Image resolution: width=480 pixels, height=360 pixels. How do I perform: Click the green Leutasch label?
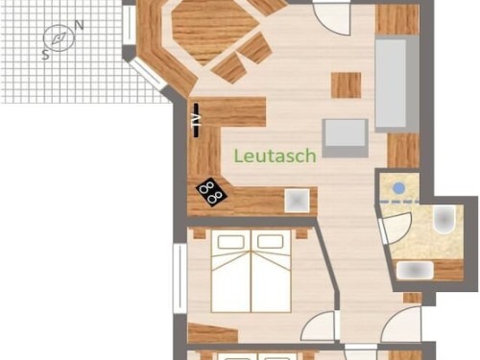pyautogui.click(x=276, y=156)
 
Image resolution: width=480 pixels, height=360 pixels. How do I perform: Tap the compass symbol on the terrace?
pyautogui.click(x=59, y=38)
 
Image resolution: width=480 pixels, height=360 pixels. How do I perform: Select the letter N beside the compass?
pyautogui.click(x=79, y=25)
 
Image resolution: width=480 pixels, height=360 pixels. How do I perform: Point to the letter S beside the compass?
pyautogui.click(x=45, y=55)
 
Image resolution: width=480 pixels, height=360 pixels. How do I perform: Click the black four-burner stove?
pyautogui.click(x=211, y=192)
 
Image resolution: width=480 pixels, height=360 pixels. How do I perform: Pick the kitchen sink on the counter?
pyautogui.click(x=298, y=201)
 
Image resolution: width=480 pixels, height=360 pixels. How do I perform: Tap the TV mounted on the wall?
pyautogui.click(x=196, y=120)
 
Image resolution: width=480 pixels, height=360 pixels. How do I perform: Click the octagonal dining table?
pyautogui.click(x=215, y=32)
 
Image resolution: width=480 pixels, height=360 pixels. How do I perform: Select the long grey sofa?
pyautogui.click(x=396, y=84)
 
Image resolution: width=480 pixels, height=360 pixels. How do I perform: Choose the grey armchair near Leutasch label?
pyautogui.click(x=345, y=138)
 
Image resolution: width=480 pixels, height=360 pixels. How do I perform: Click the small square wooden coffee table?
pyautogui.click(x=346, y=85)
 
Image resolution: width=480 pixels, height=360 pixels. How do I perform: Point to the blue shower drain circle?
pyautogui.click(x=398, y=188)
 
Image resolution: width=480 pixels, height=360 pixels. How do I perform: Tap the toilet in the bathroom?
pyautogui.click(x=444, y=219)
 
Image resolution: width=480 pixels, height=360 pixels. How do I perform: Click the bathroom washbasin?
pyautogui.click(x=415, y=271)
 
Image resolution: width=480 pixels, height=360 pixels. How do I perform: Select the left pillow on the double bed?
pyautogui.click(x=230, y=242)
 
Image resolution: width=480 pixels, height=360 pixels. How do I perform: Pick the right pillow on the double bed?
pyautogui.click(x=271, y=242)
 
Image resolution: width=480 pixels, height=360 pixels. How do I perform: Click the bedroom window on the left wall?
pyautogui.click(x=180, y=278)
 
